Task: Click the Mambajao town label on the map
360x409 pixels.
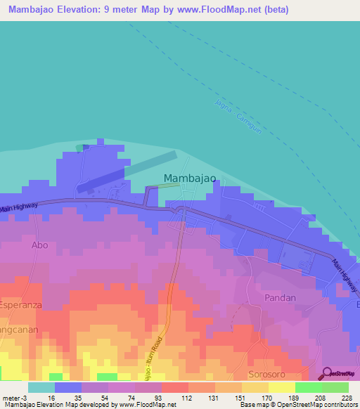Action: tap(190, 179)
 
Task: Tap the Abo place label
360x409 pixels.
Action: tap(39, 245)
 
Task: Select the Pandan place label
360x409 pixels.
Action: tap(280, 298)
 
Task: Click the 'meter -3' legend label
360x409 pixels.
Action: tap(15, 397)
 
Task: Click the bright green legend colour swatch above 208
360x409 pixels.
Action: tap(309, 387)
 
